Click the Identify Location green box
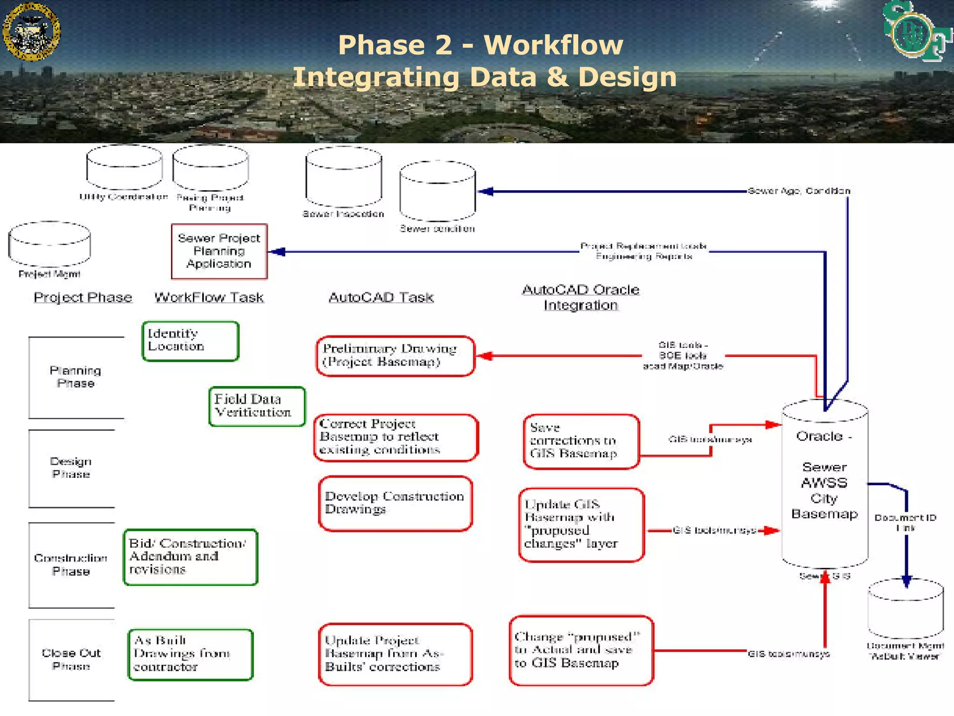click(x=190, y=341)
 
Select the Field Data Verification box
click(x=257, y=406)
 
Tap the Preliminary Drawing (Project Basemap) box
click(x=395, y=356)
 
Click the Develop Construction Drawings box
click(x=395, y=503)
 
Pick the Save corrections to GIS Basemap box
click(x=580, y=441)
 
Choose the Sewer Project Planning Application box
click(x=219, y=251)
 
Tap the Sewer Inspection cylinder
click(x=344, y=177)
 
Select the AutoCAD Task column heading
click(x=381, y=297)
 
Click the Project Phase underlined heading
click(x=83, y=297)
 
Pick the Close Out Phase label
click(x=71, y=659)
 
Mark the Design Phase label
click(x=71, y=468)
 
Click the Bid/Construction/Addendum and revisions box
click(x=190, y=557)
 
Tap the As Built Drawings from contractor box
click(x=190, y=654)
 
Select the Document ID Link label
click(x=905, y=523)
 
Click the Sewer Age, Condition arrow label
click(x=799, y=191)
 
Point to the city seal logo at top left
click(x=31, y=31)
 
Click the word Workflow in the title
click(x=553, y=45)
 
